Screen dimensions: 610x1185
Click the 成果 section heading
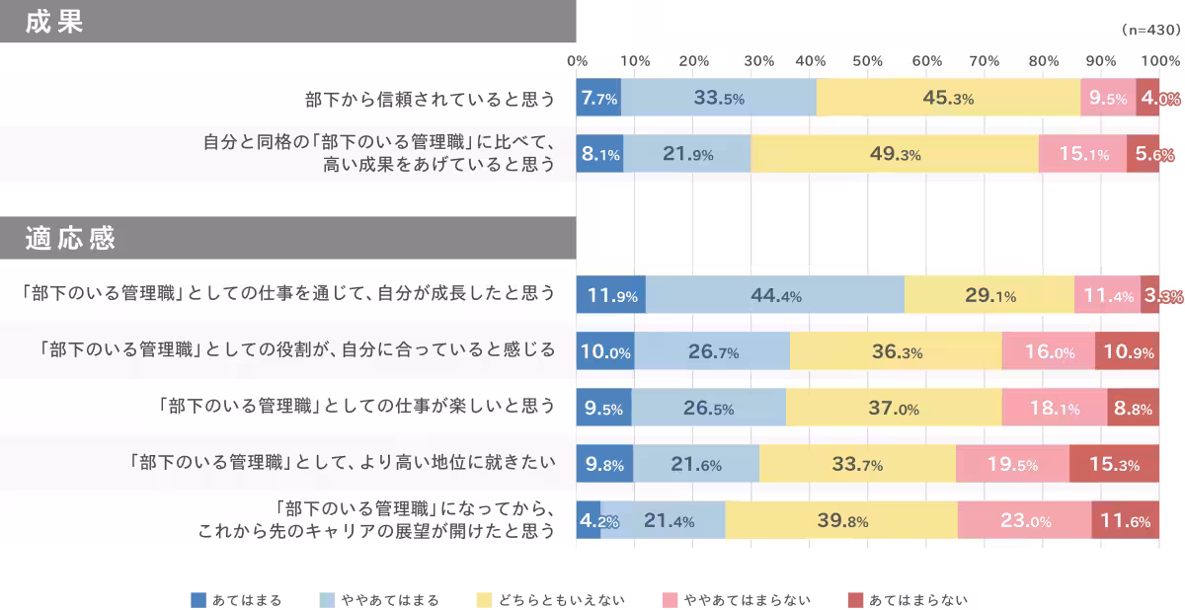pos(55,23)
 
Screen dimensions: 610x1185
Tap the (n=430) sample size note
pos(1150,31)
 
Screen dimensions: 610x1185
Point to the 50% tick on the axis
pos(867,61)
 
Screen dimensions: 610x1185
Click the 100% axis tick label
pos(1160,61)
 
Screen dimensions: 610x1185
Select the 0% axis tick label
pos(578,61)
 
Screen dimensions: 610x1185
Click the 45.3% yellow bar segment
pos(948,98)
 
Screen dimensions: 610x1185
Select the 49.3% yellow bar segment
pos(895,154)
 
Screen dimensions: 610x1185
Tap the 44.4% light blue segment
pos(775,295)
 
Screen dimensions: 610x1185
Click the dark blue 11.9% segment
pos(610,295)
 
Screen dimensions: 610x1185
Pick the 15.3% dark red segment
pos(1114,464)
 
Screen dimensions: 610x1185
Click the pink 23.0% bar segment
pos(1024,520)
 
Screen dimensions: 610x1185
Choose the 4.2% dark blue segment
pos(589,520)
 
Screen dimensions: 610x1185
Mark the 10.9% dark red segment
pos(1127,351)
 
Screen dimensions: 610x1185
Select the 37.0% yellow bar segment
pos(894,408)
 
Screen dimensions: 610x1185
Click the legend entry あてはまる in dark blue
pos(236,599)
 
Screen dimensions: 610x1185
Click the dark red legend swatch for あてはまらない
pos(855,599)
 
